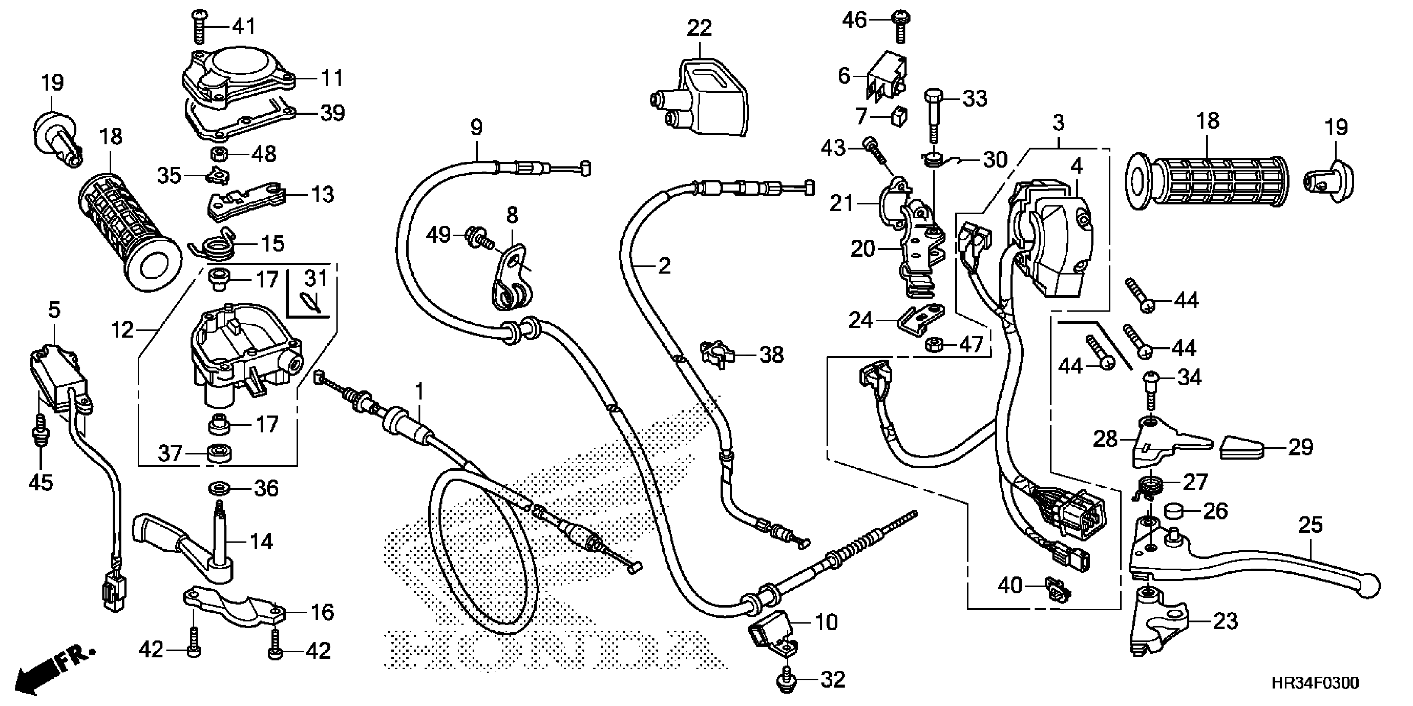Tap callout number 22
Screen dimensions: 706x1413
pyautogui.click(x=699, y=28)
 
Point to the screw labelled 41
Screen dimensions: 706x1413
pyautogui.click(x=199, y=26)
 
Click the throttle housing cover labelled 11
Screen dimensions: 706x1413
pyautogui.click(x=239, y=79)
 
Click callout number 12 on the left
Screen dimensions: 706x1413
pyautogui.click(x=122, y=330)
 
